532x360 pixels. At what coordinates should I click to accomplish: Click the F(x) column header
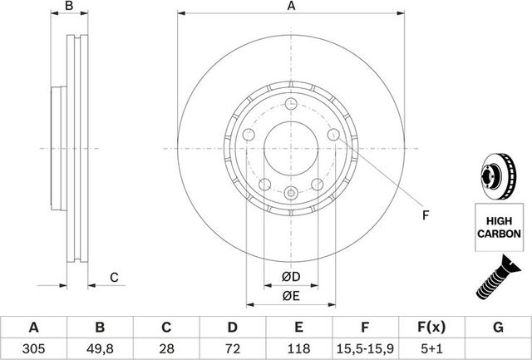pyautogui.click(x=432, y=327)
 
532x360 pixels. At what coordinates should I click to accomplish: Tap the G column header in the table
pyautogui.click(x=498, y=327)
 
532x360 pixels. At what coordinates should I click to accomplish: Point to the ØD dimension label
pyautogui.click(x=291, y=275)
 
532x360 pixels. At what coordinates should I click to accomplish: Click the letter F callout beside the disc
pyautogui.click(x=424, y=217)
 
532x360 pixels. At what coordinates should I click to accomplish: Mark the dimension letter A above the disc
pyautogui.click(x=291, y=7)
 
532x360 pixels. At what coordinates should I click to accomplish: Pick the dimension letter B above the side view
pyautogui.click(x=70, y=7)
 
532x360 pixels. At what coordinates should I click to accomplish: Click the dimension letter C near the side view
pyautogui.click(x=115, y=277)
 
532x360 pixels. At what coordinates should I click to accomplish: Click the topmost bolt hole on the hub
pyautogui.click(x=291, y=104)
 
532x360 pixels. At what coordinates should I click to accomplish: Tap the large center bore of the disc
pyautogui.click(x=291, y=149)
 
